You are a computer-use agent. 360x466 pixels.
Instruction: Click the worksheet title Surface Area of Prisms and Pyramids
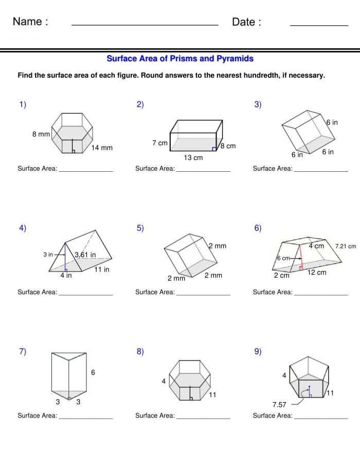(180, 59)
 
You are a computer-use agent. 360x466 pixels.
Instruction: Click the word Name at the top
(30, 22)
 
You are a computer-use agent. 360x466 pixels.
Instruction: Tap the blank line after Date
(319, 24)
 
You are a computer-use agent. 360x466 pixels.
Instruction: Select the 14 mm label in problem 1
(102, 148)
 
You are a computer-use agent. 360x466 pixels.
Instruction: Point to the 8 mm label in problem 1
(41, 134)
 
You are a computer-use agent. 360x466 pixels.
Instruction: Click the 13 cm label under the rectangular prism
(193, 158)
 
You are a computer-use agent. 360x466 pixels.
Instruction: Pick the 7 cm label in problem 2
(160, 143)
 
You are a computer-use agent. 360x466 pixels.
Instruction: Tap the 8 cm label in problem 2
(228, 146)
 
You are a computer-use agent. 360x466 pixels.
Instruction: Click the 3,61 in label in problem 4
(85, 255)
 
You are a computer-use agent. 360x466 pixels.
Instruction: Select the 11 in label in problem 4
(101, 270)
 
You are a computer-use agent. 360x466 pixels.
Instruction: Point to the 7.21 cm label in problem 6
(346, 246)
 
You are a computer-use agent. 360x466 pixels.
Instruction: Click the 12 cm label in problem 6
(317, 273)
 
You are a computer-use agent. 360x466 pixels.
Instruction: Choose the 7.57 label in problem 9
(279, 405)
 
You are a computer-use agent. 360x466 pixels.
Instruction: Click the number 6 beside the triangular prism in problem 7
(93, 372)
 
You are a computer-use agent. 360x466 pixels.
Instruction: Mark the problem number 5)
(140, 228)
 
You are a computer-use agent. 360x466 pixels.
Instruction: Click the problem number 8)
(140, 352)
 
